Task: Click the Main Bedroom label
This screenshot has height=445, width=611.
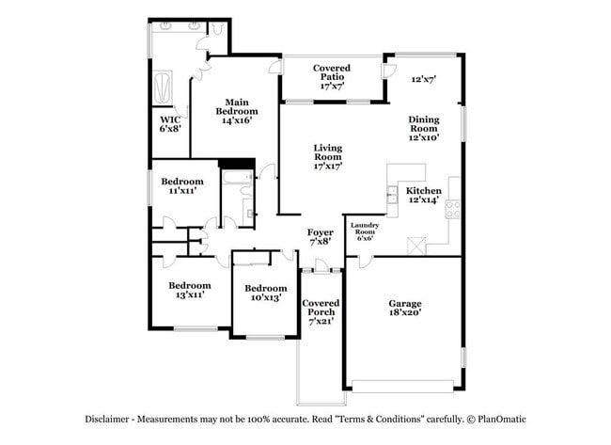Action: (235, 105)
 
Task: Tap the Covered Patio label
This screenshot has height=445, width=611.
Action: (332, 69)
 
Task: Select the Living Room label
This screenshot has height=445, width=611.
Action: (328, 152)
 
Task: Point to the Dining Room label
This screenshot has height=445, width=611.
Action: (424, 124)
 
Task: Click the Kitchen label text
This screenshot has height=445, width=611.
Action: (423, 190)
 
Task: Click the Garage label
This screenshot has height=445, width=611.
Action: (405, 303)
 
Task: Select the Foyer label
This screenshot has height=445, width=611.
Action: (321, 231)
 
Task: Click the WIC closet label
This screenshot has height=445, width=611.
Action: (170, 119)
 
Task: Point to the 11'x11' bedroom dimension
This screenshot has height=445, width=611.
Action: (181, 191)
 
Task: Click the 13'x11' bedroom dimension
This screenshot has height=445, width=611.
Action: (189, 294)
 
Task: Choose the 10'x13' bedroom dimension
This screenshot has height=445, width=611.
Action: (265, 297)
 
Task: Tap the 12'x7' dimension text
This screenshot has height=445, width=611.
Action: (425, 79)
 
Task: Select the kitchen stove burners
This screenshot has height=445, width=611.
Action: (452, 209)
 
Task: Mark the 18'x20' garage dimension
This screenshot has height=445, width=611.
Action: (405, 312)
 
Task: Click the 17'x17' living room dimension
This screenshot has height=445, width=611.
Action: (328, 166)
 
